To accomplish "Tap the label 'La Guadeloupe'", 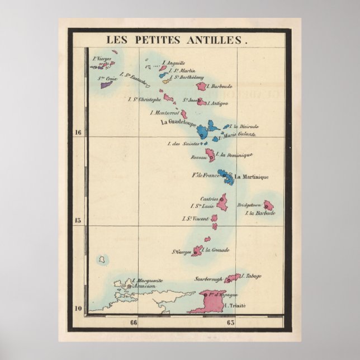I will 177,122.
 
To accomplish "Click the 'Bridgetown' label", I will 249,205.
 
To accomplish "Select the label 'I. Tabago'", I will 250,276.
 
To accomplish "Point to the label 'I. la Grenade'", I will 217,250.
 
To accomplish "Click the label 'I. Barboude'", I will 220,86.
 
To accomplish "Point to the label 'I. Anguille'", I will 173,63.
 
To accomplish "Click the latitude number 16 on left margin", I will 78,132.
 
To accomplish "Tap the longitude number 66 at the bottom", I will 133,322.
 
